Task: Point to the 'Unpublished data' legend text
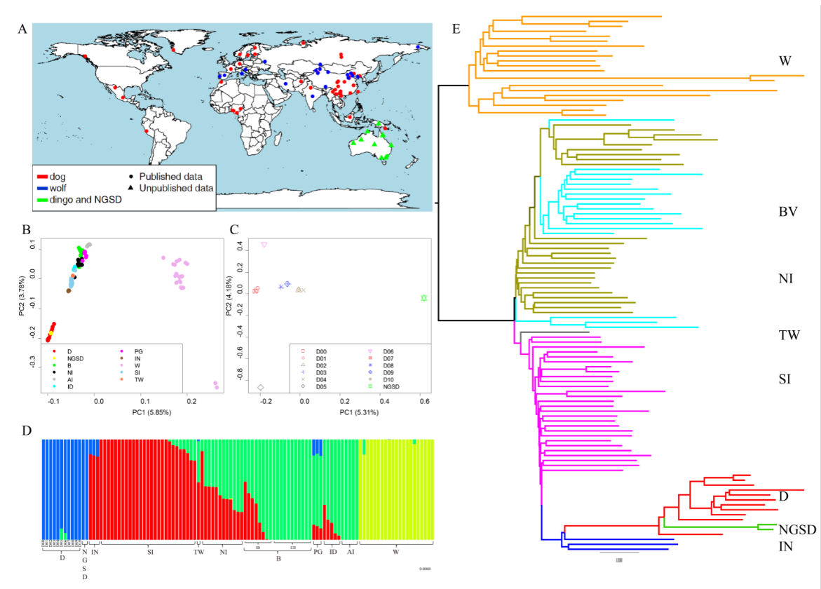pyautogui.click(x=176, y=188)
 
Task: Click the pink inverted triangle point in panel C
pyautogui.click(x=264, y=245)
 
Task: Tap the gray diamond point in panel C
pyautogui.click(x=261, y=387)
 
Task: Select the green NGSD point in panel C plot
pyautogui.click(x=423, y=298)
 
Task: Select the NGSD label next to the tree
pyautogui.click(x=797, y=529)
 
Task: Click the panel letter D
pyautogui.click(x=26, y=430)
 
